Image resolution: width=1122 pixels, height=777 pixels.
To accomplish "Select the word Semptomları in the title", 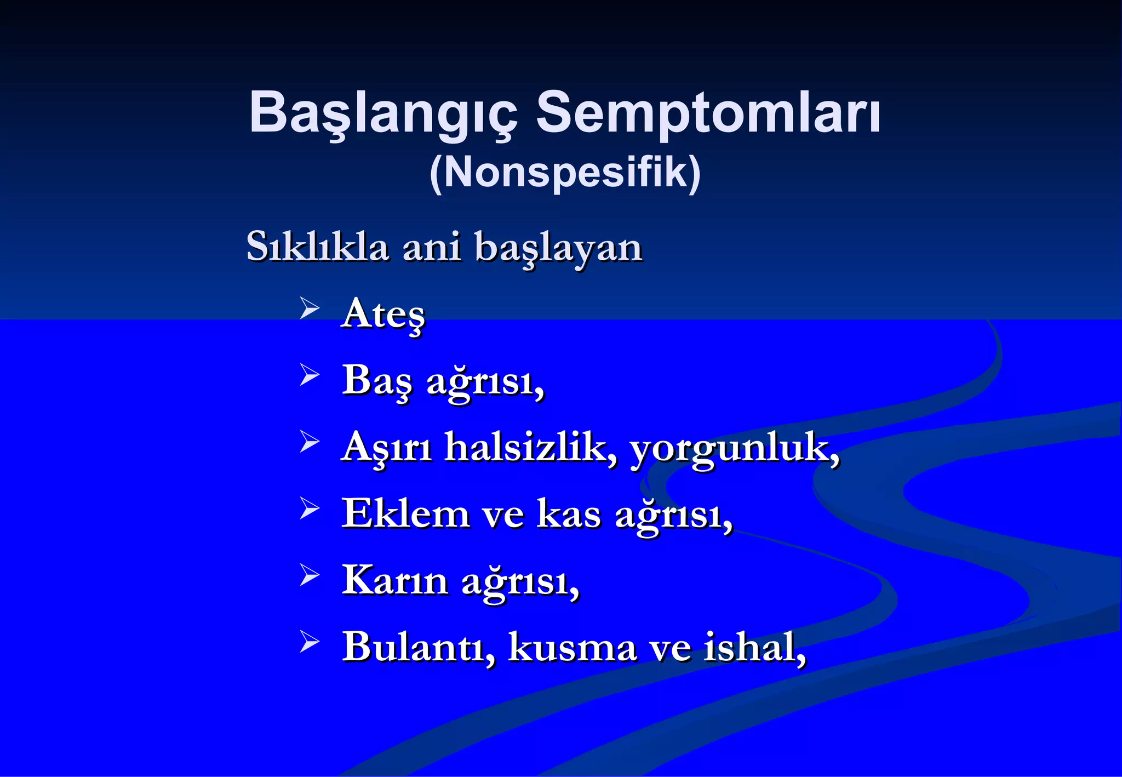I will point(708,112).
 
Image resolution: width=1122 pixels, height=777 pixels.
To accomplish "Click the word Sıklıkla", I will point(317,247).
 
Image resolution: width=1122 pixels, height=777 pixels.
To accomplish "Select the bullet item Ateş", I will point(383,314).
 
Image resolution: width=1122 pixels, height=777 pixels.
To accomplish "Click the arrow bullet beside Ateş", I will point(310,308).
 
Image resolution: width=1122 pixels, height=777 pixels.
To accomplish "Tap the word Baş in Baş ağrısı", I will point(376,380).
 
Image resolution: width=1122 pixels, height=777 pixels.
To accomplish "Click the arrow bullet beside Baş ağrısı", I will point(310,375).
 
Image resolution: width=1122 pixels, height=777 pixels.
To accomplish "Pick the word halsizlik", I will point(530,447).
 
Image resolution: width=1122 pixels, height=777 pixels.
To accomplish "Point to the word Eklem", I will point(405,513).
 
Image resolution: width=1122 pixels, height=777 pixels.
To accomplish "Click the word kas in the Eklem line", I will point(569,514).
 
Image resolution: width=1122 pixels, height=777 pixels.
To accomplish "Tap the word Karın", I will point(395,580).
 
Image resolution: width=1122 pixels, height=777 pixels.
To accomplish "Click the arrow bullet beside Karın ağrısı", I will point(310,575).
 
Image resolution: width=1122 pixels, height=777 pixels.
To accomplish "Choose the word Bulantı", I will point(418,647).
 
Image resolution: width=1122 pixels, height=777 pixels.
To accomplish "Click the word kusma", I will point(572,647).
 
